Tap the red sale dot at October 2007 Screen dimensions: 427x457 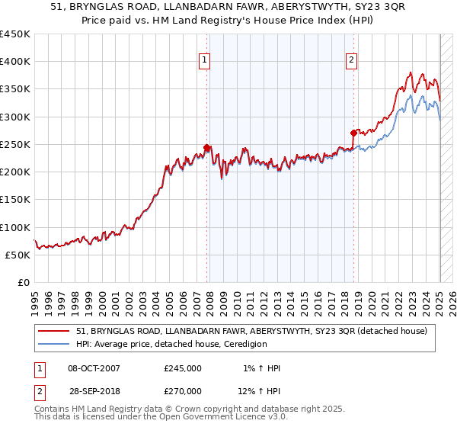[206, 147]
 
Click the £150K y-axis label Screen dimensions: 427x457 [15, 200]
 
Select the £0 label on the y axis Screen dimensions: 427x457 [24, 283]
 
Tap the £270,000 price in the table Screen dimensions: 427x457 [183, 390]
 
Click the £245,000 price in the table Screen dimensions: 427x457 [183, 368]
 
